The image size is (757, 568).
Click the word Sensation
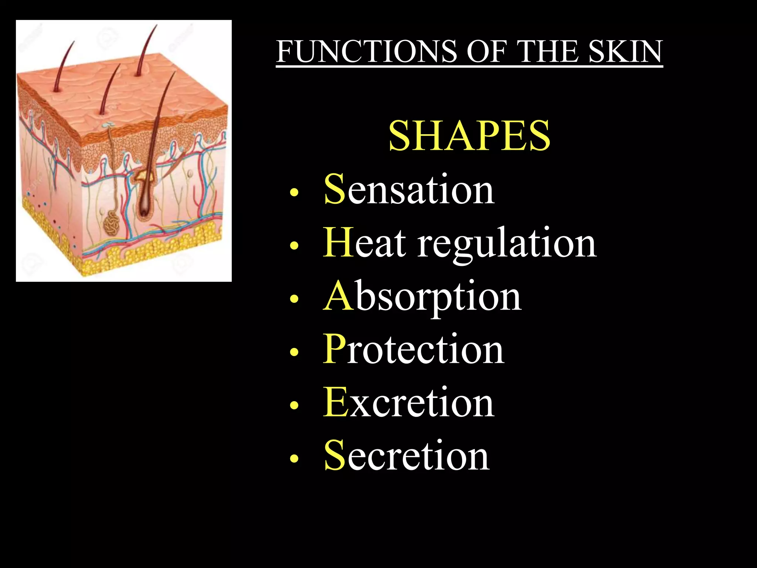pos(409,189)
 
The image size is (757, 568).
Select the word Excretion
pos(408,402)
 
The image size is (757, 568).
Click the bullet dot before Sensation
pos(294,192)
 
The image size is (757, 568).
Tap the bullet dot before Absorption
pos(294,299)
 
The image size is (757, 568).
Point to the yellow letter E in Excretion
pos(335,402)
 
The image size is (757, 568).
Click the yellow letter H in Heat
pos(338,243)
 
